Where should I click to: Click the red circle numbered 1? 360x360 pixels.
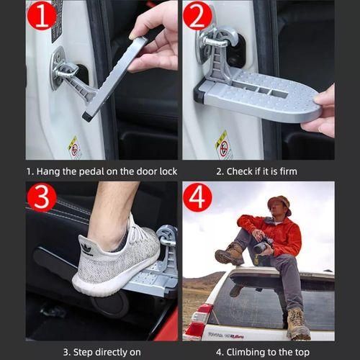click(42, 16)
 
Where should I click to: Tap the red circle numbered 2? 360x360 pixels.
click(197, 16)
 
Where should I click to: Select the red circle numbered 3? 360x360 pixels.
click(42, 197)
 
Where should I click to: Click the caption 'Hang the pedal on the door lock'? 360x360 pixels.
click(102, 171)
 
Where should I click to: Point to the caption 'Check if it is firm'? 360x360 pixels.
click(257, 171)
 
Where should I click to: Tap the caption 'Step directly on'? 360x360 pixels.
click(101, 351)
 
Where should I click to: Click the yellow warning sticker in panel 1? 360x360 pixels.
click(75, 147)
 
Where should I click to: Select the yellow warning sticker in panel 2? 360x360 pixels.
click(224, 144)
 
